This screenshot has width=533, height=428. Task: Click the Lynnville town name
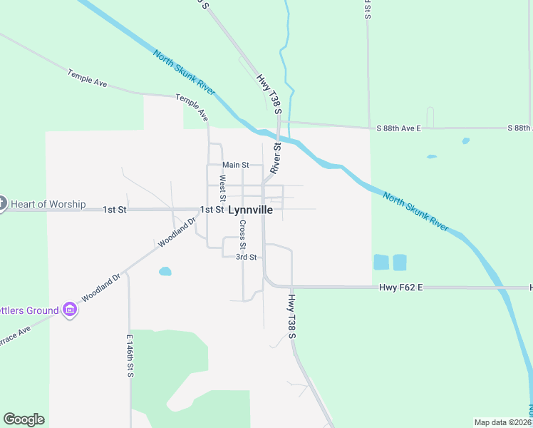coord(250,210)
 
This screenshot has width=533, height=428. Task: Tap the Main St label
coord(234,165)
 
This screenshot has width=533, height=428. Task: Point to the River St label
coord(276,158)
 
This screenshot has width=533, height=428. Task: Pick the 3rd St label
coord(247,257)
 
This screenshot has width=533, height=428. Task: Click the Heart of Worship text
coord(48,204)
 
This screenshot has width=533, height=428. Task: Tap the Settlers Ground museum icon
coord(69,310)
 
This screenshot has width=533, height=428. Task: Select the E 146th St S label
coord(130,357)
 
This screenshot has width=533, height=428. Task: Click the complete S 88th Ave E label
coord(399,128)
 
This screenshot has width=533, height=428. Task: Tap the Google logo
coord(24,419)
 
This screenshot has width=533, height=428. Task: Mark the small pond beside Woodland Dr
coord(165,271)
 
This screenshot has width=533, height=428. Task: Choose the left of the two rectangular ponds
coord(381,263)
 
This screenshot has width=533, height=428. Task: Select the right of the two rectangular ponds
coord(400,263)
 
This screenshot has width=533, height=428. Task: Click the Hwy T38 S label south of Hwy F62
coord(291,316)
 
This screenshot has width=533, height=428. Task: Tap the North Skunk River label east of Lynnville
coord(415,212)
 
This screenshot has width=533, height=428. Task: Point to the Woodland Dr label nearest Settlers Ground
coord(103,287)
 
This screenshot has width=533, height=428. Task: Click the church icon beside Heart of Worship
coord(1,204)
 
